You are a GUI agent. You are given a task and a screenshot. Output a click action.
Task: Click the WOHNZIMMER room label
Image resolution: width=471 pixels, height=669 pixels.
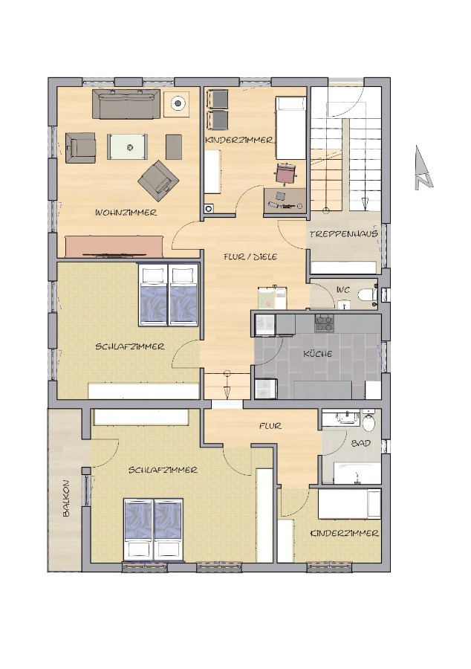click(126, 213)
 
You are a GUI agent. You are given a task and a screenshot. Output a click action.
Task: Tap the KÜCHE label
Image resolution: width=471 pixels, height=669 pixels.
click(318, 354)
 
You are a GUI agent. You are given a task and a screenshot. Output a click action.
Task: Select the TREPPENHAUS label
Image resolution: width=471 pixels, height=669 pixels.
click(343, 234)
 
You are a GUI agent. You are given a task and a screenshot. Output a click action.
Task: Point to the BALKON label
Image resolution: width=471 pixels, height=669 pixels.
click(66, 499)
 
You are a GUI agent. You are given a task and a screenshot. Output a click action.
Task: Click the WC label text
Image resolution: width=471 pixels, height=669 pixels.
click(343, 290)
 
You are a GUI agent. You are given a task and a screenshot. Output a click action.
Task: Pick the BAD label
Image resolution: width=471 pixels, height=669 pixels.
click(360, 443)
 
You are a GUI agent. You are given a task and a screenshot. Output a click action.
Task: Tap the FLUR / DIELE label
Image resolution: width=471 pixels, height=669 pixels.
click(250, 256)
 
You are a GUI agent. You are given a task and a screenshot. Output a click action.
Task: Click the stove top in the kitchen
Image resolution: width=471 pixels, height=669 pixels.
click(324, 323)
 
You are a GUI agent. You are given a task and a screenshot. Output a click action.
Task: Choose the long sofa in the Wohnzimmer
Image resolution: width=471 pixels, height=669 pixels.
click(126, 104)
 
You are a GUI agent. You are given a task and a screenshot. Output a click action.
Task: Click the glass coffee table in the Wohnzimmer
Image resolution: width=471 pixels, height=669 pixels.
click(128, 147)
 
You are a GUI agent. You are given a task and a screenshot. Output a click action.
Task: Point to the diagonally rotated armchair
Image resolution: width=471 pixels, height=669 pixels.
click(158, 180)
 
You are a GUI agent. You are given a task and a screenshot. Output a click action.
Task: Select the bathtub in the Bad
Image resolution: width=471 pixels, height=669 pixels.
click(357, 473)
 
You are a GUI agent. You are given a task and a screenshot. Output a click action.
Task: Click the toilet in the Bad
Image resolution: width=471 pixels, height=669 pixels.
click(368, 420)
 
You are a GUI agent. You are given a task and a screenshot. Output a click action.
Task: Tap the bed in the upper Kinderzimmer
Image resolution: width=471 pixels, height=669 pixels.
click(290, 128)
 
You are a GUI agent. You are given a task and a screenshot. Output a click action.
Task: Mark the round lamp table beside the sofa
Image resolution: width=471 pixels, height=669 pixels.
click(177, 103)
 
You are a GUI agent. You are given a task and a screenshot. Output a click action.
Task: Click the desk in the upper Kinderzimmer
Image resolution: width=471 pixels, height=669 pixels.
click(285, 200)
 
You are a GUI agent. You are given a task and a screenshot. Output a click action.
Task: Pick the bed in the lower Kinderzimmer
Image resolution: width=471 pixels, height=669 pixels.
click(349, 504)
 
